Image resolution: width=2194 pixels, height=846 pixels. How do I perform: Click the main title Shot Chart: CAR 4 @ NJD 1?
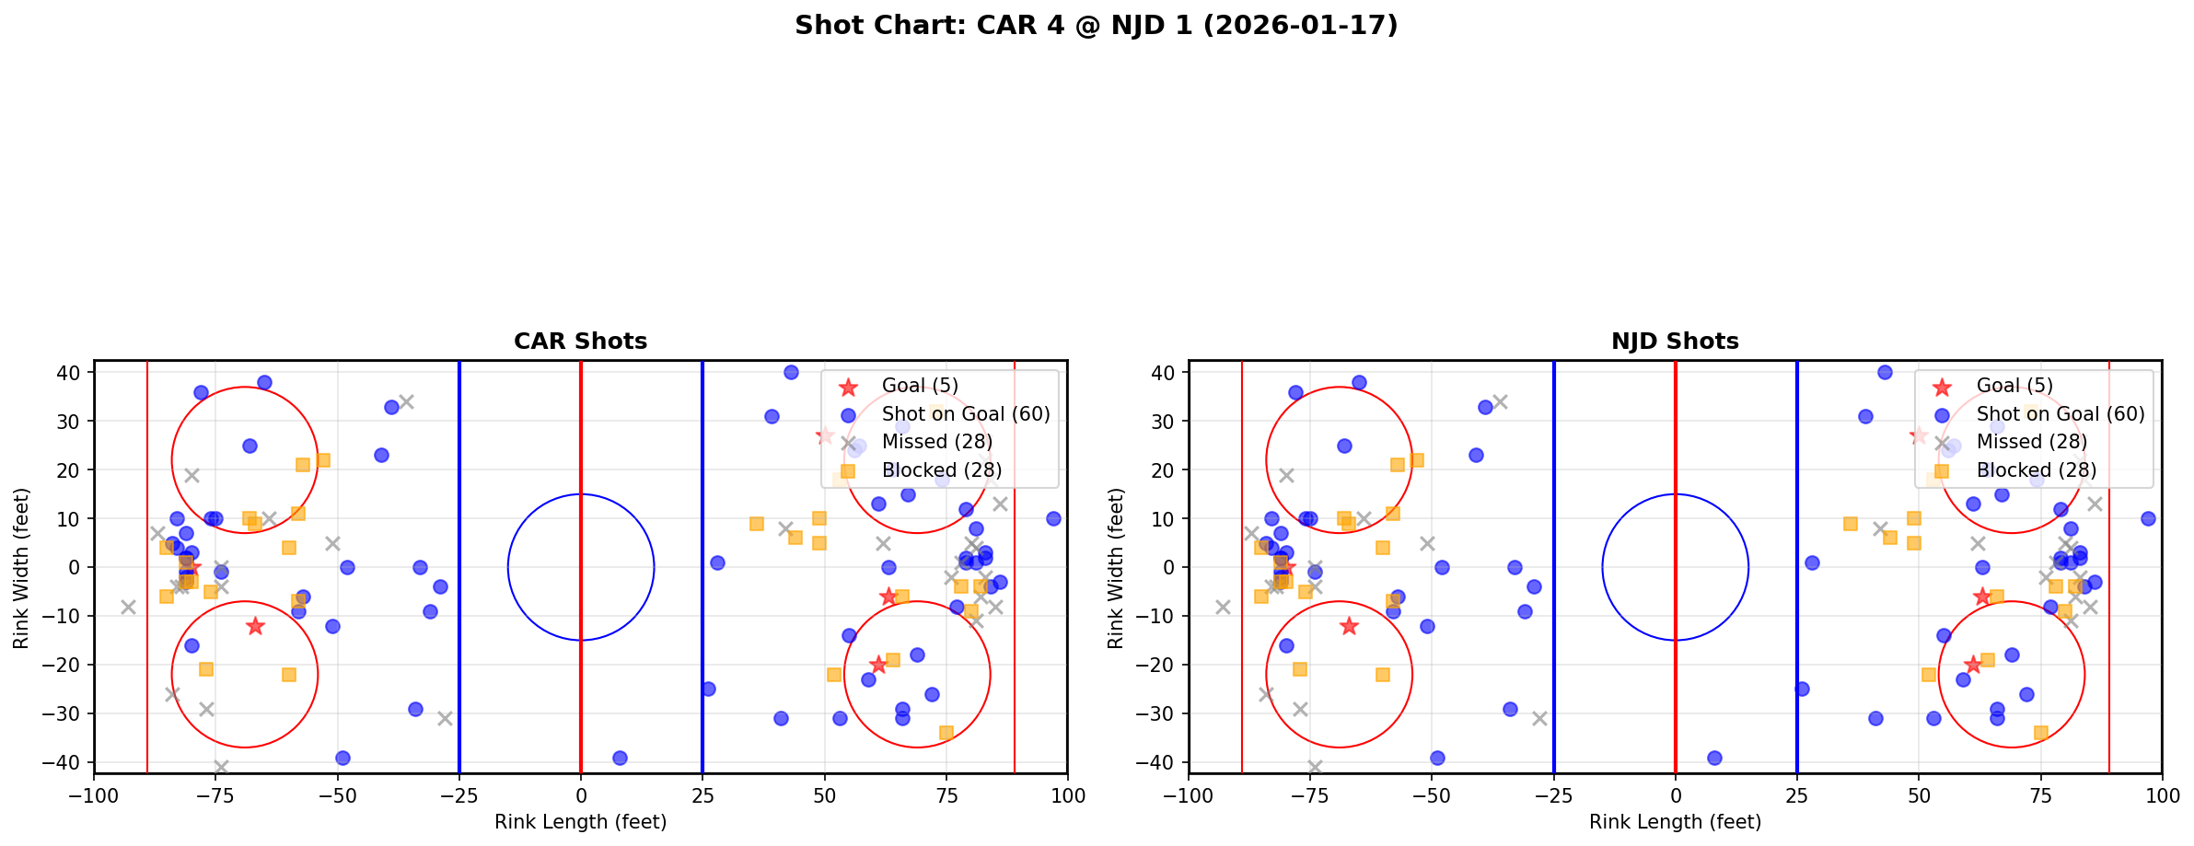click(1096, 26)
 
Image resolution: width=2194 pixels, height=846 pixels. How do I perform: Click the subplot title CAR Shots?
click(580, 342)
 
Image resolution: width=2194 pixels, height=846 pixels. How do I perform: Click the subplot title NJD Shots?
click(1675, 342)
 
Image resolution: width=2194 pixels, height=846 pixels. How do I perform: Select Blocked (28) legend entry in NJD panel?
click(2036, 470)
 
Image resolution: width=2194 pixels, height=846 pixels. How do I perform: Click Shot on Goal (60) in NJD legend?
click(2061, 414)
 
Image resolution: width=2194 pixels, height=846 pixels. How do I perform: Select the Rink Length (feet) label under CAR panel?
click(580, 822)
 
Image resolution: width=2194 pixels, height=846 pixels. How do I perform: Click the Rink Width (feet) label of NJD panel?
click(1116, 568)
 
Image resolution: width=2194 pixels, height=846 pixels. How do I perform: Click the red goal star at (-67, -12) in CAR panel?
click(255, 626)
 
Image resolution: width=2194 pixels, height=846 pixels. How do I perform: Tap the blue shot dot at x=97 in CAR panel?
click(1053, 518)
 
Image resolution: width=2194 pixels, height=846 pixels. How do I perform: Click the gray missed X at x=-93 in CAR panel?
click(128, 607)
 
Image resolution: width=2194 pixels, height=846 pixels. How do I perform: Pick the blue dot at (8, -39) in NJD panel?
click(1714, 758)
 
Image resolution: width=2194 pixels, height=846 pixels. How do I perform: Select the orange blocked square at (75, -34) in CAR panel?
click(946, 733)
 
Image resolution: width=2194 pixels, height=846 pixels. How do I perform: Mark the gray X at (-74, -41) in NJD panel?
click(1315, 767)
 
